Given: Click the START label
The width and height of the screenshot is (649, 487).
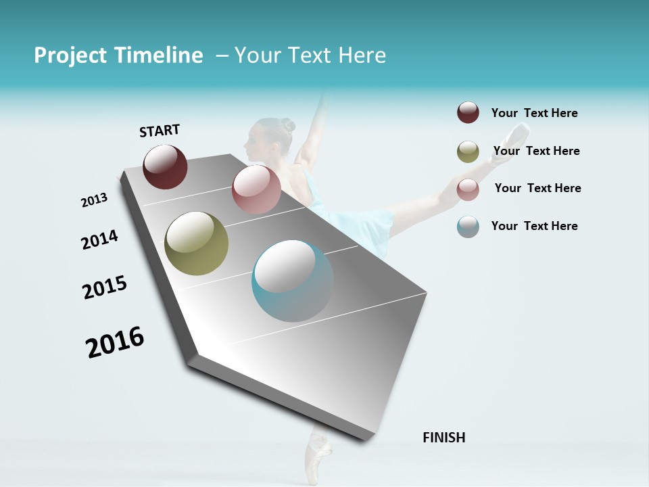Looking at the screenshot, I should pos(160,131).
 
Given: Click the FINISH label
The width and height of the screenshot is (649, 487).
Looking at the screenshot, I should pos(443,438).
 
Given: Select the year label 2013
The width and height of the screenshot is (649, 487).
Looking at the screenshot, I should pos(94,200).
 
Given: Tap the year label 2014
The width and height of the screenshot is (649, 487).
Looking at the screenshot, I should pos(99,239).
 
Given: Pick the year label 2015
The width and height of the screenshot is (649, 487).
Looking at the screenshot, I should pos(105,287).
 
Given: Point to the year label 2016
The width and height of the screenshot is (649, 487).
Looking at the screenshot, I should pos(115,342).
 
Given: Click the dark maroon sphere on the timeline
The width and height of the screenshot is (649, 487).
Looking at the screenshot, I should pos(165,166).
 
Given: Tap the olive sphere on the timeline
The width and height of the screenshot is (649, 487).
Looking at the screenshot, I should pos(196,243).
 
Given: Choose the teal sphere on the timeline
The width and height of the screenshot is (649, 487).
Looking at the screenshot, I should pos(293,281).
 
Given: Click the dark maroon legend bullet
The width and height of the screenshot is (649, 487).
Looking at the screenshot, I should pos(468,112).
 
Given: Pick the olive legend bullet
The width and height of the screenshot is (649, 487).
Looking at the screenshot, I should pos(468,152).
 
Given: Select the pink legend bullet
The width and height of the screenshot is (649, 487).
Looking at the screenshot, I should pos(468,189).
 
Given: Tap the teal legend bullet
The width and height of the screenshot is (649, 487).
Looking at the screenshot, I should pos(468,227).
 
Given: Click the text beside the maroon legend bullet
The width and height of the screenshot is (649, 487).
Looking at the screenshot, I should pos(534,113).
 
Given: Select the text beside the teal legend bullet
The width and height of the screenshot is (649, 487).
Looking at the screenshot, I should pos(534,226).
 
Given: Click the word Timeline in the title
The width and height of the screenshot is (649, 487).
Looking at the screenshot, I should pos(158,55).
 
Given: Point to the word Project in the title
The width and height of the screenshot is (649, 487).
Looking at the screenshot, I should pos(71,55).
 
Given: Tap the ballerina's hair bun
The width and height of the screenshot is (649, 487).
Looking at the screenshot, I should pos(288,125).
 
